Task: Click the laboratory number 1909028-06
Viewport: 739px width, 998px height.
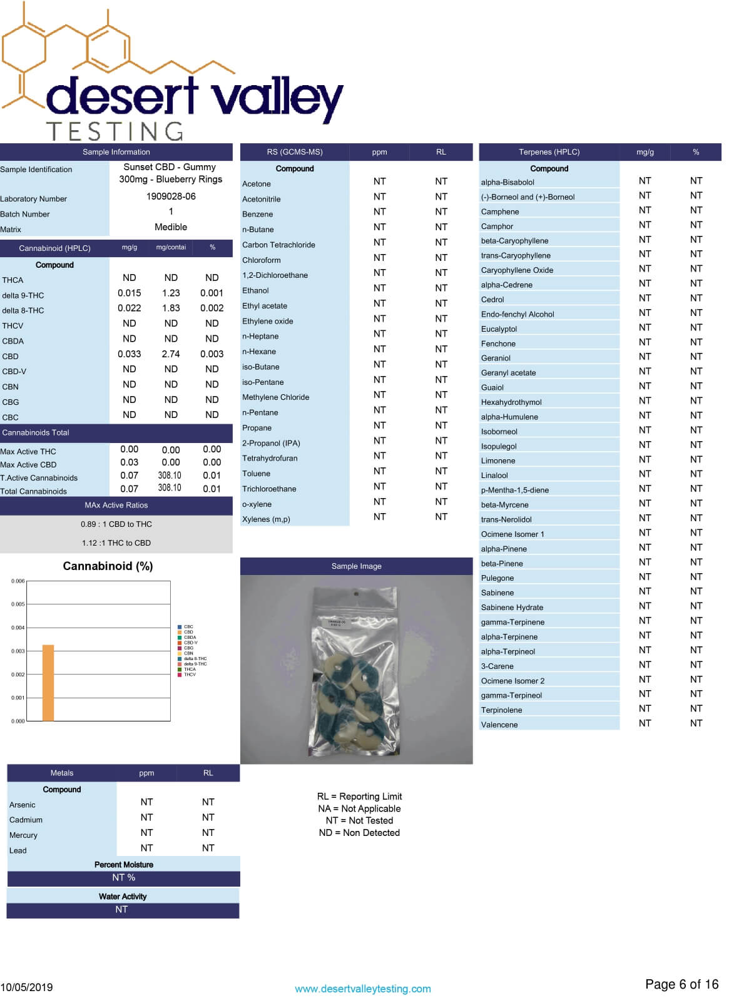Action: (171, 196)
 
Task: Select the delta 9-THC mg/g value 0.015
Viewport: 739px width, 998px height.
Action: (130, 293)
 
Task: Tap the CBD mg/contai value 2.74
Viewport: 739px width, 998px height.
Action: (171, 354)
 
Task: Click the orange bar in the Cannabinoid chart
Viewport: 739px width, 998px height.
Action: (48, 683)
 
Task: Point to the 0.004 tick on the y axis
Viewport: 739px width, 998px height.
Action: (18, 628)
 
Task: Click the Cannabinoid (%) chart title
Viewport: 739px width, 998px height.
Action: (108, 566)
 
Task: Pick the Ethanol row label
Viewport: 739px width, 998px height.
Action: (255, 291)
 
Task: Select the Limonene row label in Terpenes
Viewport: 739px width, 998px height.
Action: (498, 461)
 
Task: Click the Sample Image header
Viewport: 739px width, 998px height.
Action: (356, 566)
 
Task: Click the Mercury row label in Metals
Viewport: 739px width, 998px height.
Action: (23, 835)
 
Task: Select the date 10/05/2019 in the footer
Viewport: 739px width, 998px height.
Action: (27, 987)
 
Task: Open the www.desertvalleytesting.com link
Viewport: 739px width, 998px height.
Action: (362, 989)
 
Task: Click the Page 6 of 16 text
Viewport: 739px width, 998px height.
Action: (681, 984)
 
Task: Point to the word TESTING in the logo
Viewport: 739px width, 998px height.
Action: (115, 131)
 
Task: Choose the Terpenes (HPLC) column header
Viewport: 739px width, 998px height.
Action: (549, 152)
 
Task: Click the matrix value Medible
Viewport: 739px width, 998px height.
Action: (171, 227)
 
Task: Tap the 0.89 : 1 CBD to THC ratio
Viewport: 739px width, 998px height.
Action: (116, 524)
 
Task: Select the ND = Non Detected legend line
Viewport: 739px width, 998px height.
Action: (359, 833)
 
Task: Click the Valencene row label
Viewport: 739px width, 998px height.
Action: (499, 725)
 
